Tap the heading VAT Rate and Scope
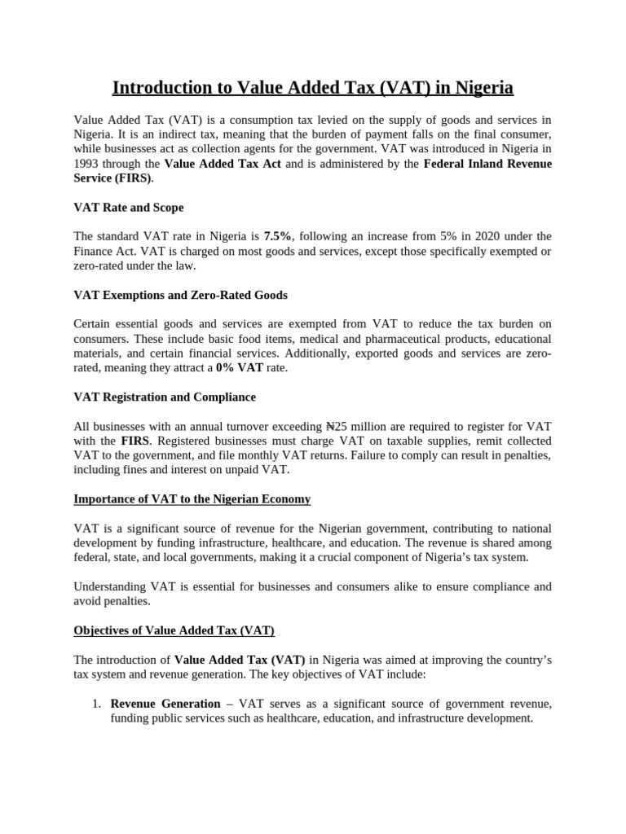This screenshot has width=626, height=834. point(128,208)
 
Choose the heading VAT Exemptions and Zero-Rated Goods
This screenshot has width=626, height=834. point(180,295)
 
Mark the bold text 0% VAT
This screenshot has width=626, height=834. point(240,368)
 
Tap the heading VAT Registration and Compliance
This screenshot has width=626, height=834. point(165,397)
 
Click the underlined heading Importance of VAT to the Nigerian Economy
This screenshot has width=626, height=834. point(192,498)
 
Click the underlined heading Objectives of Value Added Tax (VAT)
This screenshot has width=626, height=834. point(174,630)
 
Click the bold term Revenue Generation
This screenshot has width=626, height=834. point(165,704)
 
